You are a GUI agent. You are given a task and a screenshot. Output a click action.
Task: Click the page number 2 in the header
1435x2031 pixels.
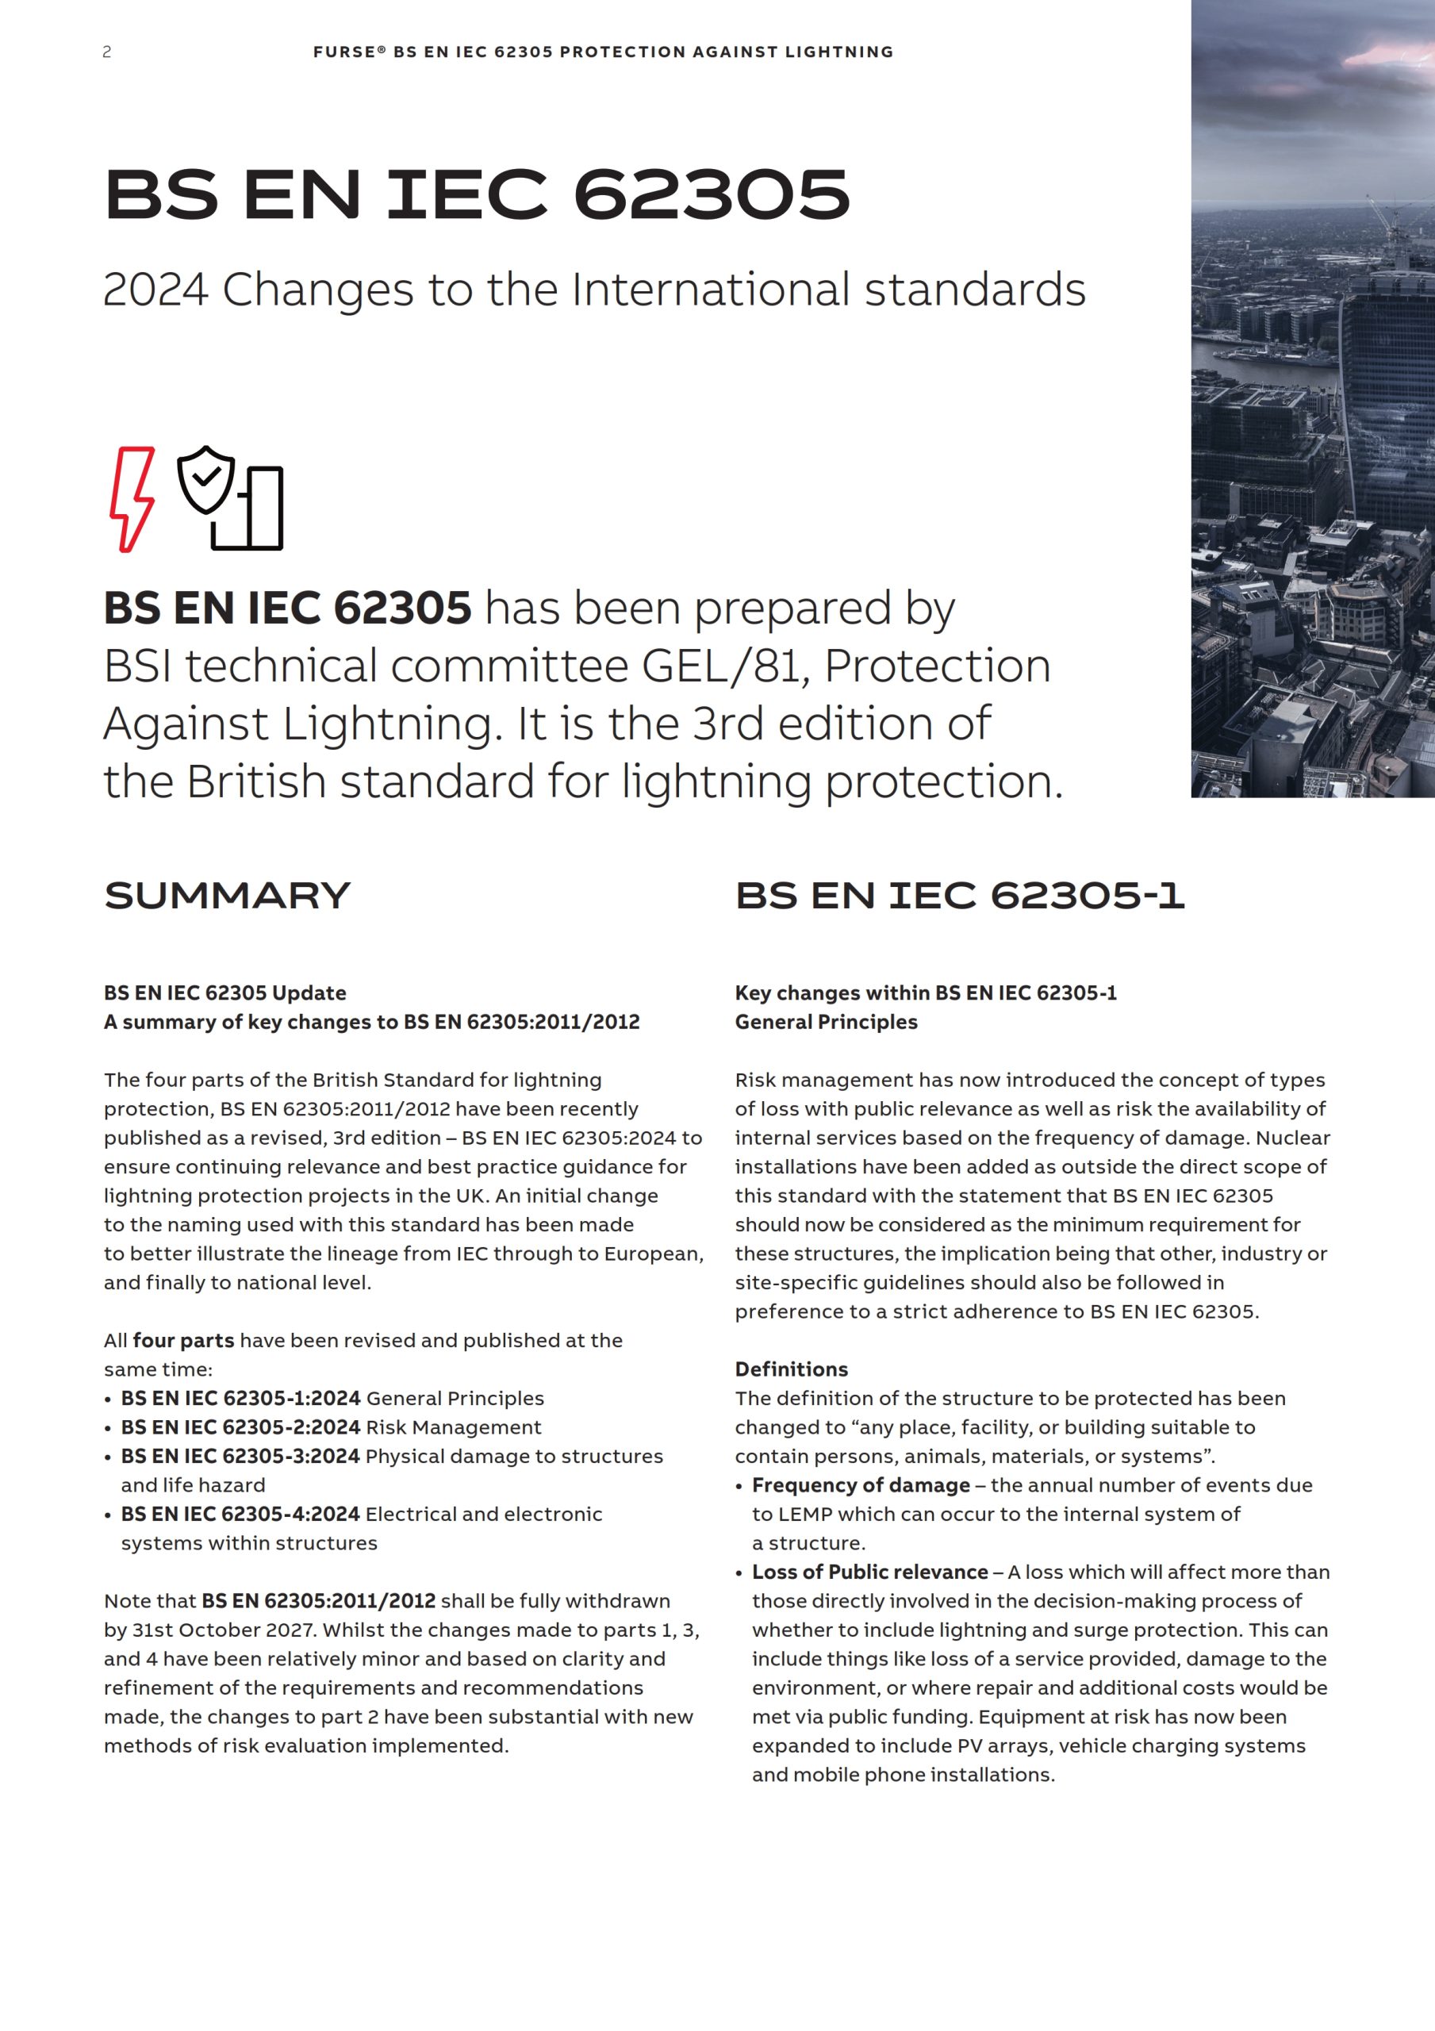click(107, 52)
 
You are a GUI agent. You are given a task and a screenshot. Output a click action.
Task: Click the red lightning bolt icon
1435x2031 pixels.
click(132, 499)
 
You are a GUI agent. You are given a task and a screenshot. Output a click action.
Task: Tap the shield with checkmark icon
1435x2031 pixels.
click(205, 479)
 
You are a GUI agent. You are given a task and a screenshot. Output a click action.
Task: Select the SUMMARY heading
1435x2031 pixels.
click(228, 895)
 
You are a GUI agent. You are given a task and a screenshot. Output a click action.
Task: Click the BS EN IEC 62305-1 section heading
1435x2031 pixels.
click(959, 895)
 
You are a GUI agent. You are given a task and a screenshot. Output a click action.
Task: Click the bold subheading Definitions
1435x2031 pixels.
click(791, 1369)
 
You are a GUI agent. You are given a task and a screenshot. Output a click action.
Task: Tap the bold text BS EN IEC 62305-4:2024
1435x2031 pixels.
click(240, 1514)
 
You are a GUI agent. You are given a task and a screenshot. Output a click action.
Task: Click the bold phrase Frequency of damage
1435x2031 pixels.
click(861, 1484)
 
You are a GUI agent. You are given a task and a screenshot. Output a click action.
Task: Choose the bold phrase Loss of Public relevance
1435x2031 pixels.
click(869, 1571)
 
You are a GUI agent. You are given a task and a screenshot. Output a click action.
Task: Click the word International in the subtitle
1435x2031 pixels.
click(711, 290)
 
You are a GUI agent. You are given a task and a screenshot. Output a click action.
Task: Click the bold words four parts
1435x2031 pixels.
click(183, 1340)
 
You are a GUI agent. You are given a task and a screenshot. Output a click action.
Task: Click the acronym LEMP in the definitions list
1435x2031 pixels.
click(805, 1514)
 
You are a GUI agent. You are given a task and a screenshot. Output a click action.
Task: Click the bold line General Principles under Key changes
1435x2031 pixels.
click(827, 1022)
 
